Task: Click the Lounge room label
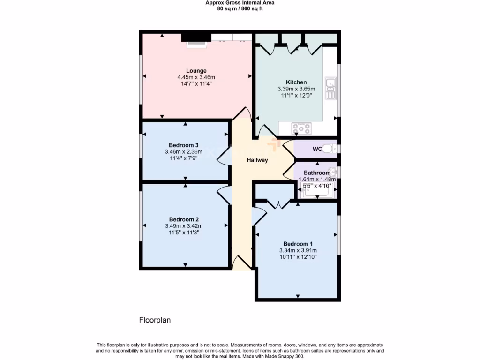click(x=196, y=71)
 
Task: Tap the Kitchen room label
click(x=296, y=82)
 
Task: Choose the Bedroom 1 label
click(x=298, y=244)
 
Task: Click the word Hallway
click(x=257, y=160)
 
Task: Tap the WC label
click(x=317, y=150)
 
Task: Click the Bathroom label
click(x=317, y=173)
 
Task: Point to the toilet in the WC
click(x=330, y=149)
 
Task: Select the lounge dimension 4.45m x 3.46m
click(x=196, y=77)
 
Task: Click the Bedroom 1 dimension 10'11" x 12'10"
click(x=298, y=257)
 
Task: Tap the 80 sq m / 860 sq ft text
click(x=240, y=8)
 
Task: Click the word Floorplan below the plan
click(x=155, y=321)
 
